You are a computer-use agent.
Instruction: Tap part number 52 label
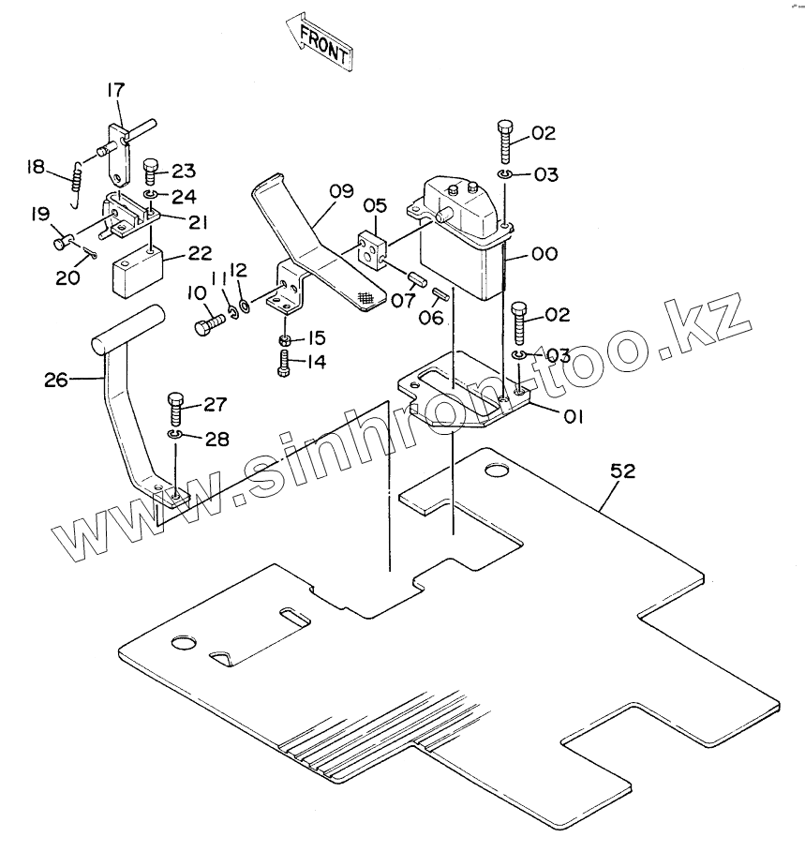pyautogui.click(x=622, y=472)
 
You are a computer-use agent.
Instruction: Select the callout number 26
pyautogui.click(x=57, y=379)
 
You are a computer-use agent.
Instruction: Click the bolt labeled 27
pyautogui.click(x=176, y=408)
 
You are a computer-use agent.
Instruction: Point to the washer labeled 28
pyautogui.click(x=175, y=436)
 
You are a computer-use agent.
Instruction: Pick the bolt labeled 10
pyautogui.click(x=206, y=326)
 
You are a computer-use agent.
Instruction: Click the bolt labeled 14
pyautogui.click(x=285, y=361)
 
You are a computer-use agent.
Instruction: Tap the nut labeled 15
pyautogui.click(x=285, y=338)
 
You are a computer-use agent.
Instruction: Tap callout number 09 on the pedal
pyautogui.click(x=341, y=192)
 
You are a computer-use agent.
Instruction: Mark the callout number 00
pyautogui.click(x=544, y=253)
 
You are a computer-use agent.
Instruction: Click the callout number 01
pyautogui.click(x=574, y=415)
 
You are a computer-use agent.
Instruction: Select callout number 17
pyautogui.click(x=115, y=90)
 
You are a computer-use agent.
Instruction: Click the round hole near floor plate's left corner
pyautogui.click(x=182, y=644)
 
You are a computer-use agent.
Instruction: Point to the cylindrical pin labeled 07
pyautogui.click(x=416, y=278)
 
